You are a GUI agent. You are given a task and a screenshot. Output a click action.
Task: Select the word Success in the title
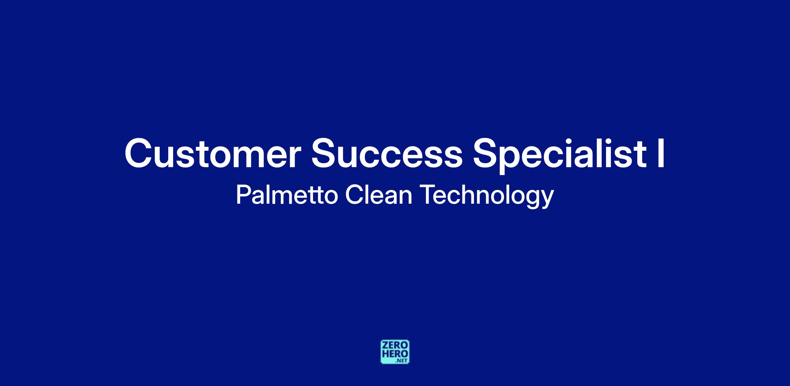(387, 154)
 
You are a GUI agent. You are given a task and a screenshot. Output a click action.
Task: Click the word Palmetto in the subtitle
(287, 195)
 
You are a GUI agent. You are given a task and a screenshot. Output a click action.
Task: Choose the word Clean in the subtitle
(379, 195)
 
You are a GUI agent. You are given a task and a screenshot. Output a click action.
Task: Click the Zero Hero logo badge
(395, 352)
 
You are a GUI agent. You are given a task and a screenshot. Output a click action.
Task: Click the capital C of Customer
(137, 154)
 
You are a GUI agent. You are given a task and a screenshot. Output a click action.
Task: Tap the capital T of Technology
(429, 195)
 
